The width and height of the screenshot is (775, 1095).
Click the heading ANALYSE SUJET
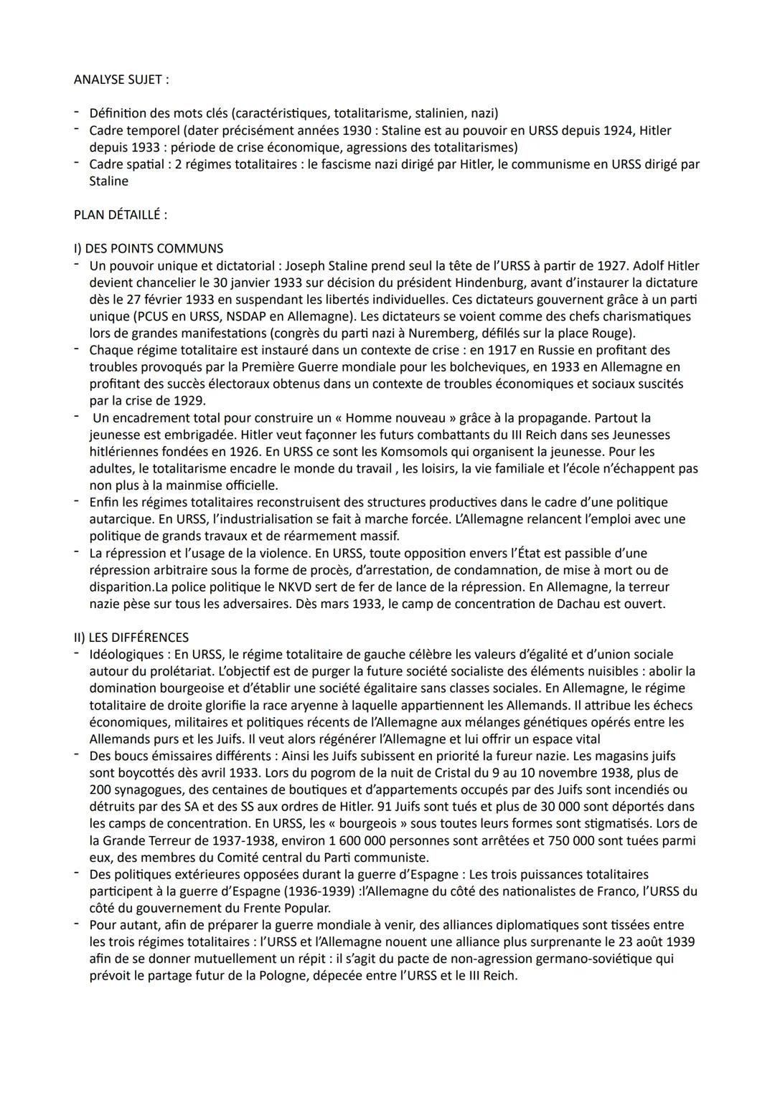(x=121, y=80)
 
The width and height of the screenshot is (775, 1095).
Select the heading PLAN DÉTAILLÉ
(x=120, y=214)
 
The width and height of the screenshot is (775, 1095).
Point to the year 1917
(x=502, y=350)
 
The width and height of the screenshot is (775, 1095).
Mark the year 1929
(x=186, y=401)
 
